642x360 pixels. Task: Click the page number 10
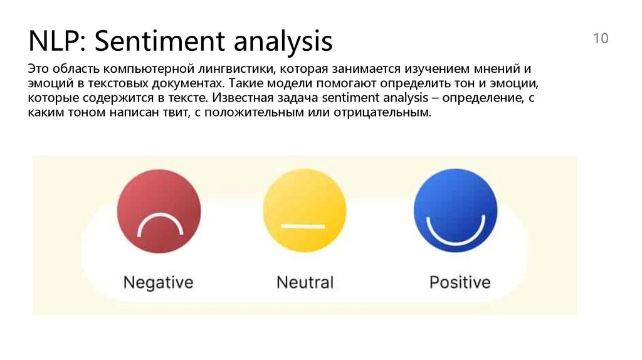(x=600, y=39)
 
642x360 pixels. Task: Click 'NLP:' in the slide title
(x=52, y=42)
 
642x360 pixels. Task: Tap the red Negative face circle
(x=159, y=211)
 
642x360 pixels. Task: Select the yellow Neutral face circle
(x=304, y=211)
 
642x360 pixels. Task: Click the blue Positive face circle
(x=455, y=211)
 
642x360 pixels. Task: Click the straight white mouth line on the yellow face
(x=304, y=225)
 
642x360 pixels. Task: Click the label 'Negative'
(x=158, y=282)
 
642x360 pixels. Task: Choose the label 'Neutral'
(x=305, y=282)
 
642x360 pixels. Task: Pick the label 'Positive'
(x=460, y=282)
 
